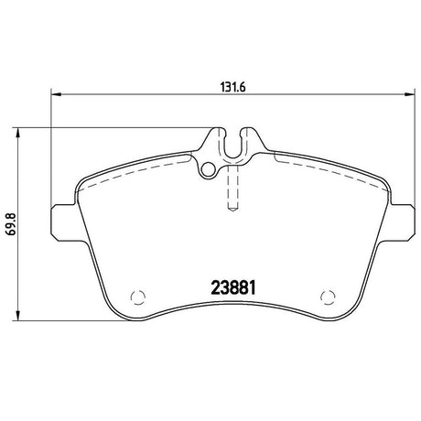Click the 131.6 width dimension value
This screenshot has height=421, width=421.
click(x=232, y=88)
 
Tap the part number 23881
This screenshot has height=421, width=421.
click(x=233, y=288)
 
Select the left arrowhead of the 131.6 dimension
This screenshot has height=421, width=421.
click(x=56, y=94)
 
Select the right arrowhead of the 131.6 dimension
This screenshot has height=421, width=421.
click(x=409, y=94)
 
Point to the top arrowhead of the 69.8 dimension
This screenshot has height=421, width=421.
click(x=18, y=134)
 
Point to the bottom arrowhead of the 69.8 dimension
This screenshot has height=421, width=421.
click(x=18, y=315)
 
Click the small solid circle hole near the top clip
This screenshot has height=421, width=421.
click(x=208, y=169)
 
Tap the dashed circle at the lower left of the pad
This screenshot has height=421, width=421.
click(x=138, y=297)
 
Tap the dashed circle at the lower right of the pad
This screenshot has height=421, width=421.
click(x=329, y=297)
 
